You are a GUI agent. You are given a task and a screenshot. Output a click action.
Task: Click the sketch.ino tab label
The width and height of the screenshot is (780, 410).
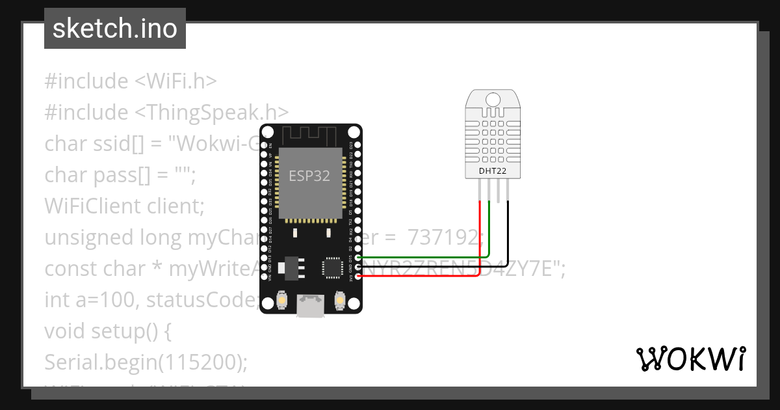[x=115, y=29]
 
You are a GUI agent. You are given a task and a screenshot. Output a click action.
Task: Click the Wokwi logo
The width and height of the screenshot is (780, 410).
[x=690, y=359]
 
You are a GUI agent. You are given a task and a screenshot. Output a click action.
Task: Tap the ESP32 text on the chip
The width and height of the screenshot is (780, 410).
[x=309, y=176]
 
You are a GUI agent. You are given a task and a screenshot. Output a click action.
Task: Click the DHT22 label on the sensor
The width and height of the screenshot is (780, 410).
[x=493, y=171]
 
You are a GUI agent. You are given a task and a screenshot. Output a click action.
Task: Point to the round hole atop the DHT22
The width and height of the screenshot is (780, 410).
[x=493, y=100]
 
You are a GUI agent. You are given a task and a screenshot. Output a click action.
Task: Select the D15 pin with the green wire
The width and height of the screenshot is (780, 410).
[x=357, y=258]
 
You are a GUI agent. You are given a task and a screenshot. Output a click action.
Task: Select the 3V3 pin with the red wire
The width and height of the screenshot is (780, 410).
[x=357, y=276]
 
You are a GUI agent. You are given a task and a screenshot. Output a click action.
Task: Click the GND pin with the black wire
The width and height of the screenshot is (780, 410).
[x=357, y=267]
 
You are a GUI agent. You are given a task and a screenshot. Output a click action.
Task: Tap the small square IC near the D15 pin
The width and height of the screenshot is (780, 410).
[x=331, y=267]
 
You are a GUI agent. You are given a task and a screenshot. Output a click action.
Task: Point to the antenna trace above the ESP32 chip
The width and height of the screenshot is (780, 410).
[x=310, y=136]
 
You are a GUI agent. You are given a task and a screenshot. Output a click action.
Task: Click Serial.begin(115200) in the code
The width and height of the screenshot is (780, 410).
[x=146, y=362]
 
